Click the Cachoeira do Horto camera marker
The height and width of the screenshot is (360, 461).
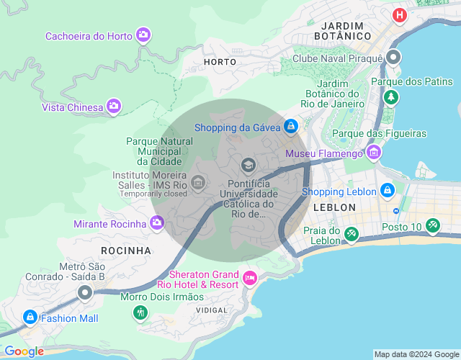pyautogui.click(x=143, y=35)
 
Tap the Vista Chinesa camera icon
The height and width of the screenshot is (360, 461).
pyautogui.click(x=113, y=107)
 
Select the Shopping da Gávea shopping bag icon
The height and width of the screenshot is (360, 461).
pyautogui.click(x=290, y=127)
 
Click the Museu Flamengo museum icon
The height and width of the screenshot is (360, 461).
pyautogui.click(x=373, y=152)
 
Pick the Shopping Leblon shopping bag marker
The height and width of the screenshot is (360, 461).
pyautogui.click(x=388, y=190)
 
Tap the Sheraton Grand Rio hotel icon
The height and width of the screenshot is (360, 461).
pyautogui.click(x=250, y=278)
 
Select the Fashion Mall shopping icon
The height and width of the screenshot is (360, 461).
pyautogui.click(x=30, y=317)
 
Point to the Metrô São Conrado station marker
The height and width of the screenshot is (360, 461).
pyautogui.click(x=85, y=292)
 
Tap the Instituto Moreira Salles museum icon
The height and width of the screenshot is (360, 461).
pyautogui.click(x=198, y=184)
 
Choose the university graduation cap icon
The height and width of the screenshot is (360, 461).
pyautogui.click(x=249, y=166)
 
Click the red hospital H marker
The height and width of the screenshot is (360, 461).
pyautogui.click(x=399, y=14)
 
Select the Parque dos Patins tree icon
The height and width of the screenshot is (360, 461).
pyautogui.click(x=390, y=96)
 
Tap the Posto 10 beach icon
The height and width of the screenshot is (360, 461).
pyautogui.click(x=432, y=225)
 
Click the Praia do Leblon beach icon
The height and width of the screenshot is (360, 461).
pyautogui.click(x=352, y=233)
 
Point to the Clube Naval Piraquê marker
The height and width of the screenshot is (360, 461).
pyautogui.click(x=393, y=58)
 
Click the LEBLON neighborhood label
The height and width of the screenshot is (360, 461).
pyautogui.click(x=334, y=207)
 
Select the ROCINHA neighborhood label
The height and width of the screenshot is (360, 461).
pyautogui.click(x=126, y=251)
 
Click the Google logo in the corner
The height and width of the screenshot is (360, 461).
pyautogui.click(x=24, y=351)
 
